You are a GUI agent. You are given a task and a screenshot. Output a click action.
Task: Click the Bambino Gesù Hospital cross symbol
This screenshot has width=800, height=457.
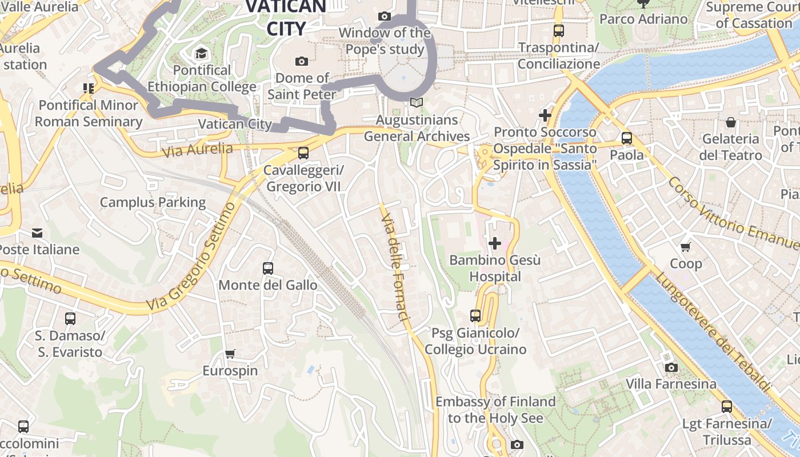pos(495,244)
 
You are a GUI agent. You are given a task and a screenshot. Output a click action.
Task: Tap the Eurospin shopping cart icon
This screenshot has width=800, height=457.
pos(230,354)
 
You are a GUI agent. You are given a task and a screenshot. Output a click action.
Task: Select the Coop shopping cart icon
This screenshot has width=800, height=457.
pos(686,247)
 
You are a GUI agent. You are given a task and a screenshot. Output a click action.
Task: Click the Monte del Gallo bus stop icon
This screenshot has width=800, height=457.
pos(267,268)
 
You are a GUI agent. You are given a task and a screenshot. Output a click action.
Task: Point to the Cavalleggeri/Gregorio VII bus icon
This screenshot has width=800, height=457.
pos(303,153)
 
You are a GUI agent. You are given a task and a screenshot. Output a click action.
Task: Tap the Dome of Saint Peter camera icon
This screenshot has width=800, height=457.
pos(301,61)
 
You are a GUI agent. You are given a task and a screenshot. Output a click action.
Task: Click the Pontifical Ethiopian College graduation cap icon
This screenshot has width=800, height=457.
pos(201,54)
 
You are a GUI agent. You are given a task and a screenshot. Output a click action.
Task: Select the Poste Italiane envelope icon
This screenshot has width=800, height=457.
pos(37,233)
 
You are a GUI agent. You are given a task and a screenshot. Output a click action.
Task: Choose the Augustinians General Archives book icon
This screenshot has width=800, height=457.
pos(417,103)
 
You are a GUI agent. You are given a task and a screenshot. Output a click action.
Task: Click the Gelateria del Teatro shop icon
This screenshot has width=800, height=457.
pos(730,122)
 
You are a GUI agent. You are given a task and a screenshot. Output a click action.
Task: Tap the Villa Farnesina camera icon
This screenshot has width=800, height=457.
pos(671,367)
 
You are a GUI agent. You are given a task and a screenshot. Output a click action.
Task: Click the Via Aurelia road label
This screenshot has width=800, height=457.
pos(197,150)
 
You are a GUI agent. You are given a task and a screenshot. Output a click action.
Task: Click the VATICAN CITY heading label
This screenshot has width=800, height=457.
pos(286,17)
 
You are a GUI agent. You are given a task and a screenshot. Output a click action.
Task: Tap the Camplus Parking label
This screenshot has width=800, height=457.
pos(153,202)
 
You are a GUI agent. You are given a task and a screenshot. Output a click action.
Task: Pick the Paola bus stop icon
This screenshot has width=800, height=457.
pos(627,138)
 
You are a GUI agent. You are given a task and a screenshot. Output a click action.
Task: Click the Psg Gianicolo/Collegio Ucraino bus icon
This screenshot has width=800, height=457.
pos(475,315)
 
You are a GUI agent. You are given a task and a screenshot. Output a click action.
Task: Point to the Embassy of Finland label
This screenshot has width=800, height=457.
pos(495,410)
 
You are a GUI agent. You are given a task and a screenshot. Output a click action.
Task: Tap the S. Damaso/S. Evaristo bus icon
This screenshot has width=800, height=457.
pos(70,318)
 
